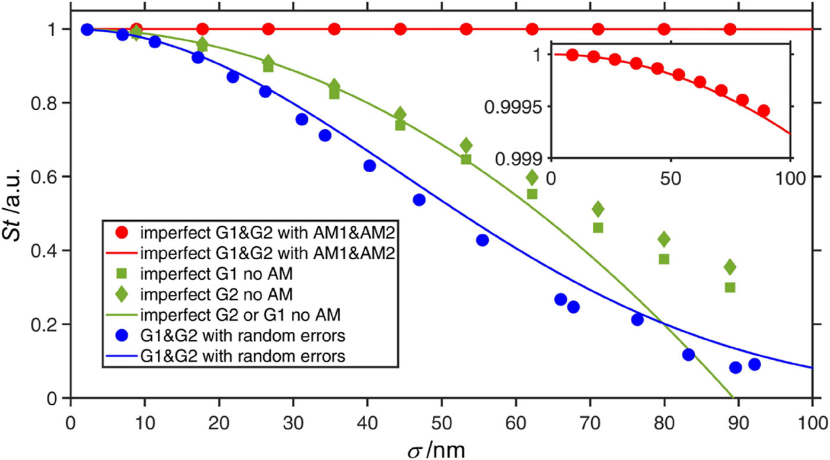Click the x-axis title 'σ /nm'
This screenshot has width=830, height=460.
tap(436, 451)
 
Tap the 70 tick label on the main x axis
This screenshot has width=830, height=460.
tap(590, 423)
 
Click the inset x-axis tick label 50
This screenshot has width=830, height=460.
tap(671, 179)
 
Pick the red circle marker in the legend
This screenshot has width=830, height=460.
tap(122, 233)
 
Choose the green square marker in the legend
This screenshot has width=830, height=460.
tap(122, 274)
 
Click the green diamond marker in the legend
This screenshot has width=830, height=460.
tap(122, 294)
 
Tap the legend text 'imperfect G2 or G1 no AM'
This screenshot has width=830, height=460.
tap(240, 315)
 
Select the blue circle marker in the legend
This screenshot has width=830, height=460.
tap(122, 336)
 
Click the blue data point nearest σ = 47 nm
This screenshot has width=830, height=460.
tap(419, 200)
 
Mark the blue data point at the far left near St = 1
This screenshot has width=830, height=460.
tap(87, 29)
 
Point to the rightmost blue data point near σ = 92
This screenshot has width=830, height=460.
tap(754, 364)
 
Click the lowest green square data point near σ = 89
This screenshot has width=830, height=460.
tap(730, 287)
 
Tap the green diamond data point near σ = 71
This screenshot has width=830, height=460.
tap(598, 209)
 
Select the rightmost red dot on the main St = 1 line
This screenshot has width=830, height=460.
tap(730, 29)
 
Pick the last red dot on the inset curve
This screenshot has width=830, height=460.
tap(764, 110)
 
